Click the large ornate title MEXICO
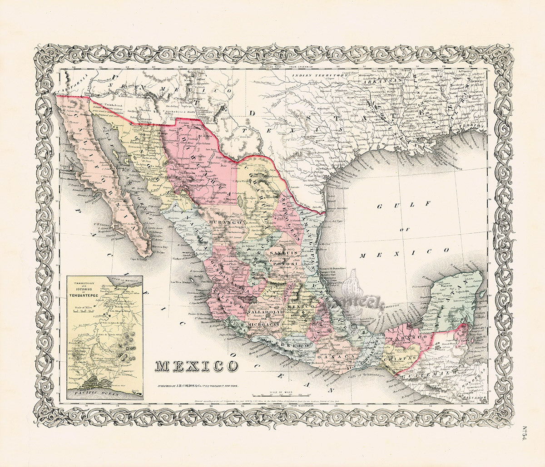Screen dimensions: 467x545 click(x=197, y=366)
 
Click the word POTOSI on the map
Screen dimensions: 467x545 click(x=284, y=263)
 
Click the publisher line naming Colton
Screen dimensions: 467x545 click(x=198, y=385)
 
